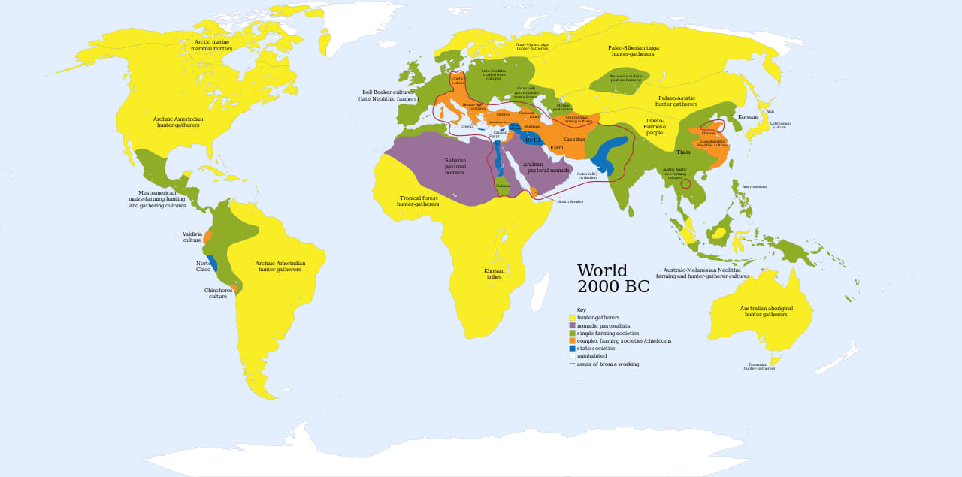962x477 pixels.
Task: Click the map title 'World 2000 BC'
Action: (613, 279)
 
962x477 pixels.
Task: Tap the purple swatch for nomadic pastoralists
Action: (572, 325)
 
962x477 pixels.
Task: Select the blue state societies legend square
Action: (572, 349)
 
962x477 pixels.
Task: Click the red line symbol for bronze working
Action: (572, 364)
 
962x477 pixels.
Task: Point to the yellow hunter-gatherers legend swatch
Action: (572, 318)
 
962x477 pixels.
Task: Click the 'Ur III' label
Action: (532, 140)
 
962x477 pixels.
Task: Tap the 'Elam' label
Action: (556, 148)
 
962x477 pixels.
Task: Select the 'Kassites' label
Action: (573, 140)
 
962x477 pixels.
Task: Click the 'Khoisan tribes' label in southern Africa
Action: (494, 273)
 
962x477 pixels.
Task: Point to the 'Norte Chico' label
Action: (203, 267)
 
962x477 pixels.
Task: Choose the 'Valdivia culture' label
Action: (192, 237)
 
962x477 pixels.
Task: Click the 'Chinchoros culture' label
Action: (217, 293)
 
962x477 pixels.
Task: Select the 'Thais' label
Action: (682, 152)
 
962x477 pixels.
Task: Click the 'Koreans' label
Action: (748, 117)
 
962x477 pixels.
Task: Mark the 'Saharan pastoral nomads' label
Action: (455, 166)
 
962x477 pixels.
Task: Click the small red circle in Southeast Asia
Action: (685, 183)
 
